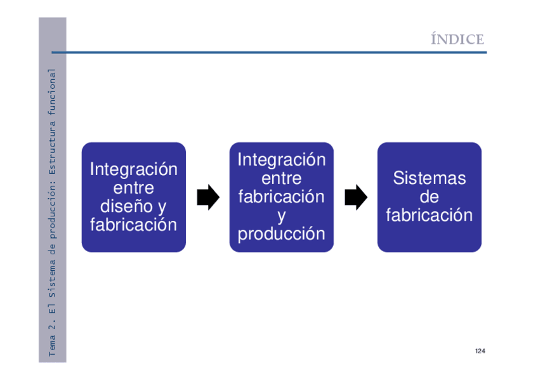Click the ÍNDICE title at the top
(457, 39)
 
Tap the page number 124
(480, 351)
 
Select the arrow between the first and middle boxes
(207, 197)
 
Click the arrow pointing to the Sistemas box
(356, 197)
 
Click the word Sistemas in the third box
(429, 178)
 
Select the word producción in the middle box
(281, 233)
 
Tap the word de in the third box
(429, 197)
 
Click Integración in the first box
(133, 169)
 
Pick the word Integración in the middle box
(281, 160)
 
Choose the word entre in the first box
(133, 188)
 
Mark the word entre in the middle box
(281, 178)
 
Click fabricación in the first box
(133, 225)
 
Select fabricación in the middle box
(281, 197)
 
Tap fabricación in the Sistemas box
(429, 215)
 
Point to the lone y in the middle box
(281, 216)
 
